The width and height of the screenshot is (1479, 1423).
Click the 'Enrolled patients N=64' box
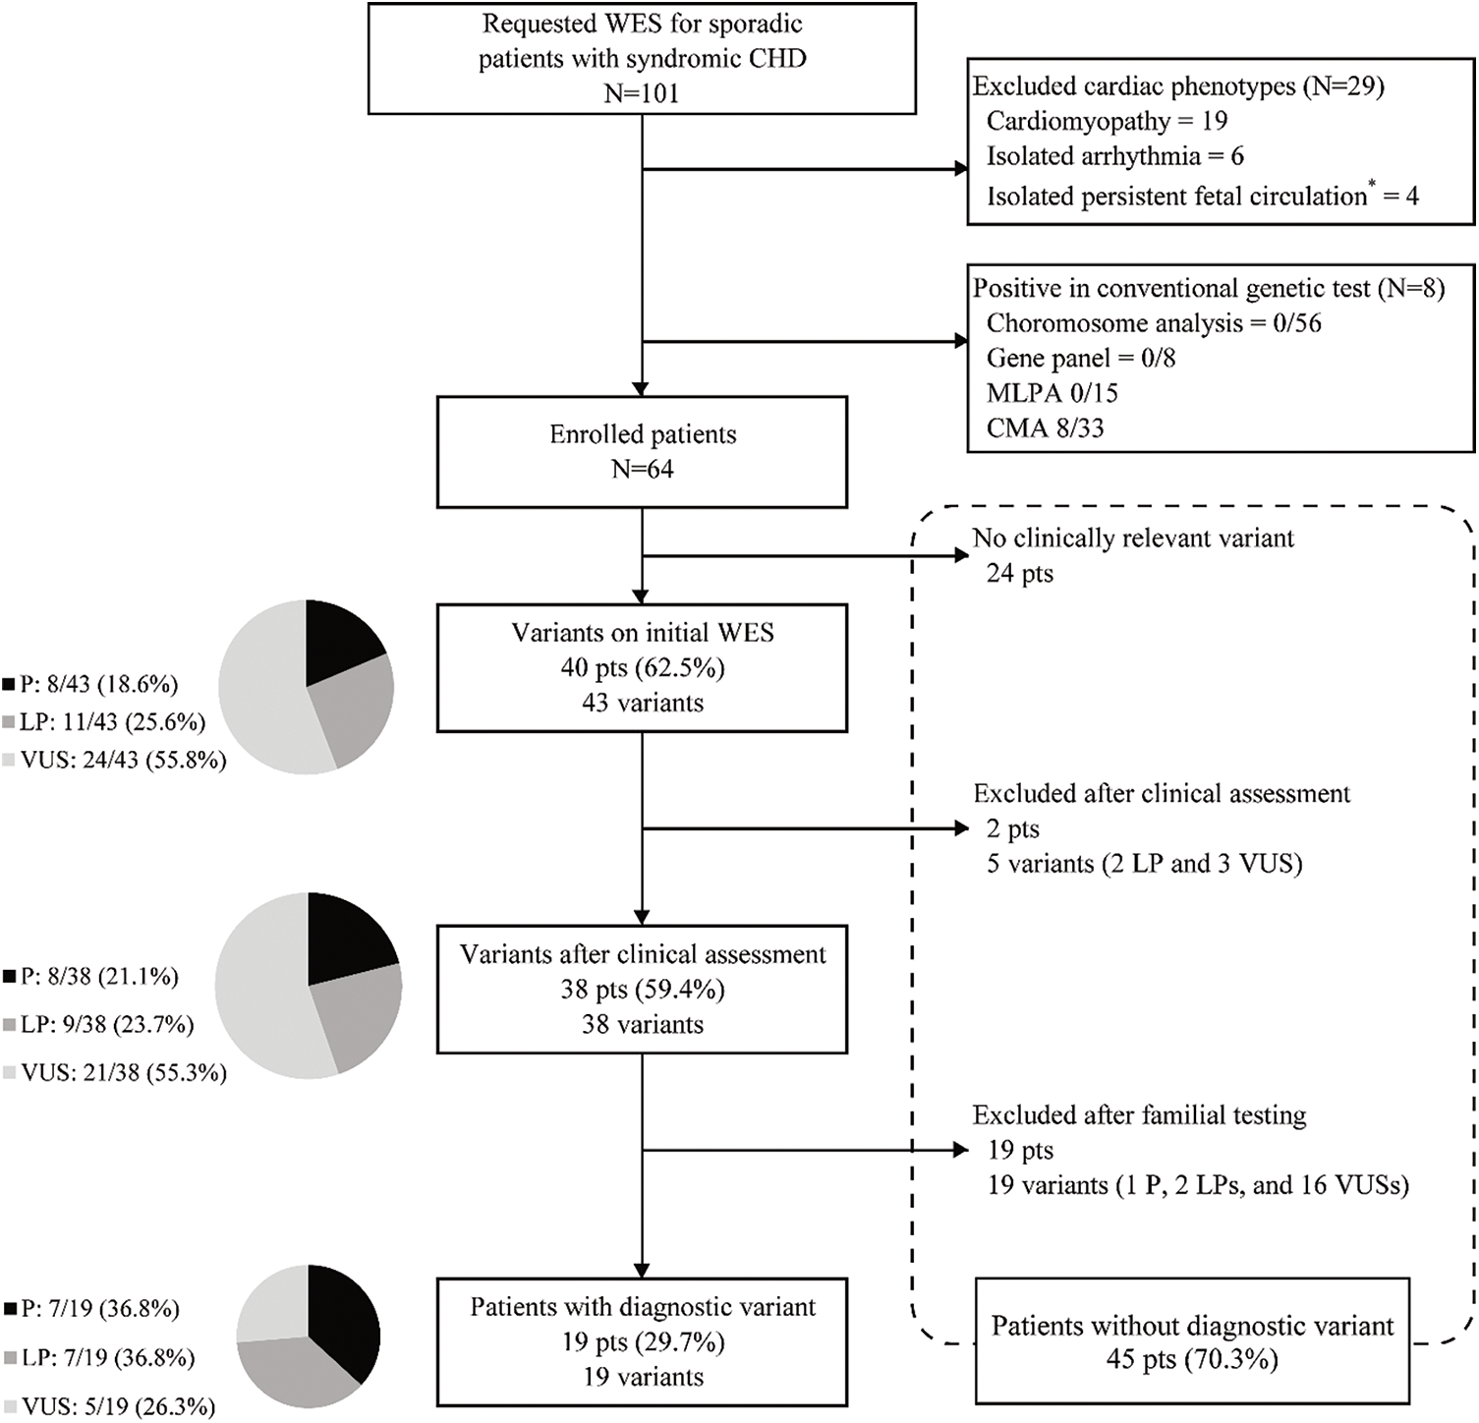(642, 452)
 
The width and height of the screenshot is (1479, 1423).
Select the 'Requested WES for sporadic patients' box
(642, 58)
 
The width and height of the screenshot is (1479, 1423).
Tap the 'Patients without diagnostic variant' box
(1191, 1341)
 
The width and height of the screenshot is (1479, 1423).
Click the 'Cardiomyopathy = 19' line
(1107, 121)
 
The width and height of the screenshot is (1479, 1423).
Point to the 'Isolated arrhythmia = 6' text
(1114, 156)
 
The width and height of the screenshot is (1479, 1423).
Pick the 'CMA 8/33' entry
(1045, 427)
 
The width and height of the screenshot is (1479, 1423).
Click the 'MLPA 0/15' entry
(1052, 393)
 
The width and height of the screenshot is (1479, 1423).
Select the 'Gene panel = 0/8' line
(1080, 358)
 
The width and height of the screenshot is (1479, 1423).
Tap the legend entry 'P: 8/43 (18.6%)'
(90, 684)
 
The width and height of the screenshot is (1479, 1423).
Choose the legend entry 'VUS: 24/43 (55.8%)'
(114, 760)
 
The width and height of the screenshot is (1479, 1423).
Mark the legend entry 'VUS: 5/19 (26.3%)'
(108, 1406)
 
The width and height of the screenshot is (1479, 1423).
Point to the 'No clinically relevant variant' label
(1132, 538)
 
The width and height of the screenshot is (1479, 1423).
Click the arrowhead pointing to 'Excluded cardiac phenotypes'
(962, 169)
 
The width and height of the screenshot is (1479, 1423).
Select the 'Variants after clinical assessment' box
(642, 989)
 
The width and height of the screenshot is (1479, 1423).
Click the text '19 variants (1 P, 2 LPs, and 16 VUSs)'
(1197, 1185)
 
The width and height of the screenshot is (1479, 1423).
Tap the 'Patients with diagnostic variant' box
(642, 1341)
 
